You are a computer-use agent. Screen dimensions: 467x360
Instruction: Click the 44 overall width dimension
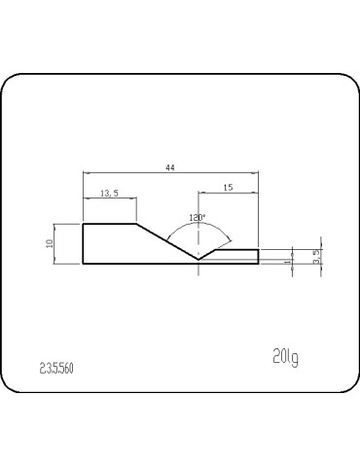170,168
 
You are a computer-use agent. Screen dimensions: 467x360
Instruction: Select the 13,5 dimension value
110,194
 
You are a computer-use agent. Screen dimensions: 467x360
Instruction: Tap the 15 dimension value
228,186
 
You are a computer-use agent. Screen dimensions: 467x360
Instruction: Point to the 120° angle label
198,218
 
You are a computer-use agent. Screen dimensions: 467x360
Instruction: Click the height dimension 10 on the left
49,243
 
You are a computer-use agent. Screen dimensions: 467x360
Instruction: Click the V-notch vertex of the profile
198,260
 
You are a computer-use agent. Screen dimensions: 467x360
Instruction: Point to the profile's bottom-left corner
83,265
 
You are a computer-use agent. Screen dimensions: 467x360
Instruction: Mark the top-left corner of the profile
83,224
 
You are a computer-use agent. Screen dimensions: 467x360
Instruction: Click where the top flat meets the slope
136,224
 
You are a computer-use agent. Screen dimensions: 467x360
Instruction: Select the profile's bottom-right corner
259,265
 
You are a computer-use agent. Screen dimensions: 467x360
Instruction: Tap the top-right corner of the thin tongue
259,250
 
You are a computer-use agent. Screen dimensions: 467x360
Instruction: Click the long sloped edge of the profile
167,242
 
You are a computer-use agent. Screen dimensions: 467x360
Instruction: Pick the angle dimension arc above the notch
198,226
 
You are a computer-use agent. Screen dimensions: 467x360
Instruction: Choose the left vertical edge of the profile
83,244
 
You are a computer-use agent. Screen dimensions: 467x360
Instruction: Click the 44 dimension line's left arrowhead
85,174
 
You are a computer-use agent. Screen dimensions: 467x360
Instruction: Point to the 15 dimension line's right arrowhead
256,192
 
